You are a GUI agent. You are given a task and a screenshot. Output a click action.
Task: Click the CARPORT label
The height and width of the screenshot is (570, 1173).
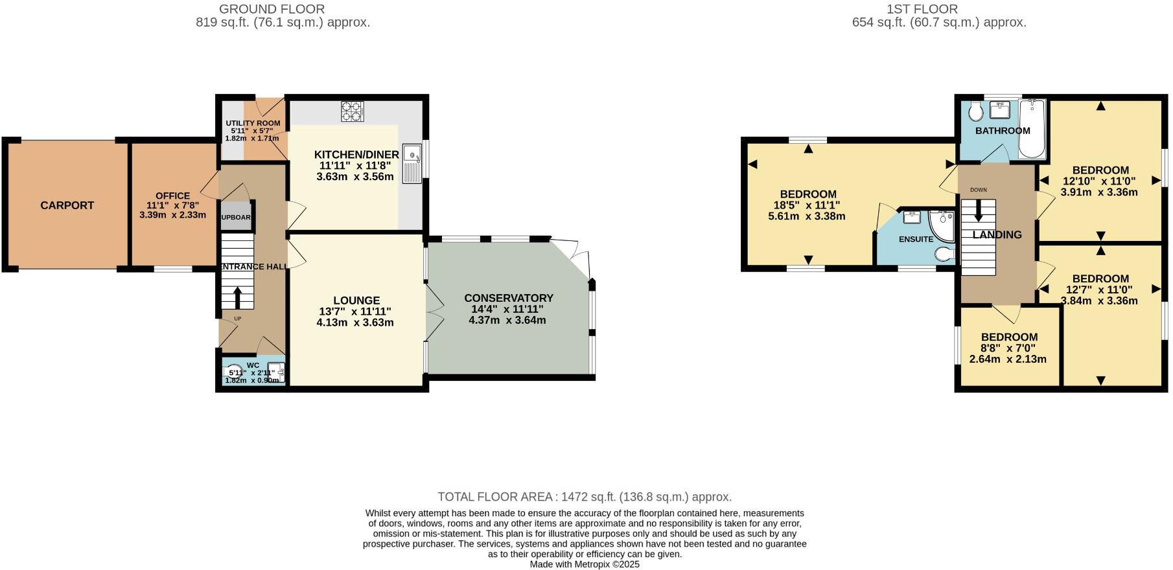click(67, 205)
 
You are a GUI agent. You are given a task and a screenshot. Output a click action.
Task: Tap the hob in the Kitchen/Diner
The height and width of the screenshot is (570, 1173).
click(353, 111)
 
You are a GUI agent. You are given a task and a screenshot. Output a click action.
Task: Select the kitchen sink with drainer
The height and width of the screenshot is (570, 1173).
click(412, 163)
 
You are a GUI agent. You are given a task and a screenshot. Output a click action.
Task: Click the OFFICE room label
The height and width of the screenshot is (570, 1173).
click(172, 196)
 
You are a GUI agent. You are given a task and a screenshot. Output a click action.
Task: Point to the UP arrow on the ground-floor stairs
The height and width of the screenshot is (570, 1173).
click(237, 297)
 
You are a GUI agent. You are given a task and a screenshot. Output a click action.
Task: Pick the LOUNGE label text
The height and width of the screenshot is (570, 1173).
click(356, 301)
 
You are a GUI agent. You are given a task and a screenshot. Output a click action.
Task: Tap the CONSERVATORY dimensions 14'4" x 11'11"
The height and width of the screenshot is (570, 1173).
click(507, 310)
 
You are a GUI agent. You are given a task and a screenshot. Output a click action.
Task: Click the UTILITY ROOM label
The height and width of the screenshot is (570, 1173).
click(253, 123)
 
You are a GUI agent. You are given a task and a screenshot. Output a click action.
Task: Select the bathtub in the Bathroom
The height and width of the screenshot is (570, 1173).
click(1032, 130)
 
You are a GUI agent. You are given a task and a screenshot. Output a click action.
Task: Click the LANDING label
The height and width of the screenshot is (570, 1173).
click(997, 235)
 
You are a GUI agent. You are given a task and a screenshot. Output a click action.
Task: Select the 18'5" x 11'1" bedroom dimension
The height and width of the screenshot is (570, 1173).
click(807, 205)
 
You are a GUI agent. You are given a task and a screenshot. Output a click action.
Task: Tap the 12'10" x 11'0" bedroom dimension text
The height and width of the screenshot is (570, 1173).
click(1100, 181)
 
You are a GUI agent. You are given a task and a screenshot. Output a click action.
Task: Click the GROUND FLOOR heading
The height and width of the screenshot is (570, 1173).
click(272, 9)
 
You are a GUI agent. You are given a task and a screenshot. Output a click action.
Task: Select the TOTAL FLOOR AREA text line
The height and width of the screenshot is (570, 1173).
click(585, 497)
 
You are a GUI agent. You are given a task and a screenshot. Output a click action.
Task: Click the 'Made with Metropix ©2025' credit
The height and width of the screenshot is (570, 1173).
click(585, 564)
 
